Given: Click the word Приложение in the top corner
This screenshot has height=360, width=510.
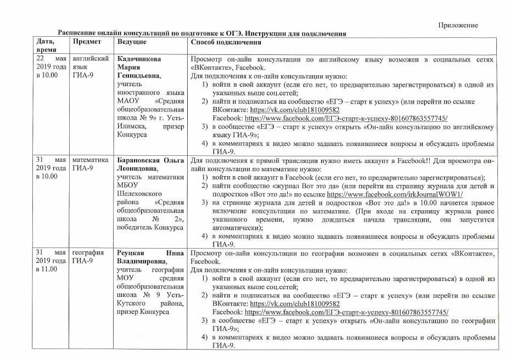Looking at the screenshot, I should point(457,25).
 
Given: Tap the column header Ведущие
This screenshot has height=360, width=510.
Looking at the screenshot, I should point(132,42).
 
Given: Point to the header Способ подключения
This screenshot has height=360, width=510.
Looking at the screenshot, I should point(226,42).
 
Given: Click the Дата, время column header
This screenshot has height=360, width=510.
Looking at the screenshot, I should point(46,46).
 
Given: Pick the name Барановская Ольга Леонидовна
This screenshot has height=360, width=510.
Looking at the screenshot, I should point(150,164).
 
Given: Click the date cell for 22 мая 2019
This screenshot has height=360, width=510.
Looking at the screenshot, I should point(52,66).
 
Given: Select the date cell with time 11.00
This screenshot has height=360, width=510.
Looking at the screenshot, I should point(52,261).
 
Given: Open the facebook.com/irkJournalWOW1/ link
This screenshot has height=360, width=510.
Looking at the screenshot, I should point(395,194).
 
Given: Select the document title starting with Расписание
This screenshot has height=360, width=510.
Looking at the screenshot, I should point(202,33).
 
